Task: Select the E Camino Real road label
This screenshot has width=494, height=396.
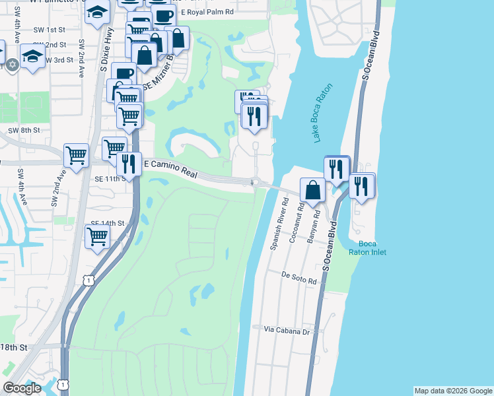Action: [x=171, y=168]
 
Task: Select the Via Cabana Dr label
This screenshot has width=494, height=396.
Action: [x=287, y=331]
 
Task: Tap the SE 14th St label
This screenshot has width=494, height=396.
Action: [x=108, y=224]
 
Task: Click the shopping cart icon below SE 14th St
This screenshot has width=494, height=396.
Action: [x=98, y=235]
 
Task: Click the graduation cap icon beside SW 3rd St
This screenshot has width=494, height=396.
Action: [x=32, y=56]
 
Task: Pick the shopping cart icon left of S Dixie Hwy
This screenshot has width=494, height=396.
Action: [x=77, y=156]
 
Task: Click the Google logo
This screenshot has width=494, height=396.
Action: [x=22, y=388]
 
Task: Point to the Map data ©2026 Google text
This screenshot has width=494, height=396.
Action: [x=452, y=391]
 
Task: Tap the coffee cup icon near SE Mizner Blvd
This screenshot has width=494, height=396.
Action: [x=123, y=73]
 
